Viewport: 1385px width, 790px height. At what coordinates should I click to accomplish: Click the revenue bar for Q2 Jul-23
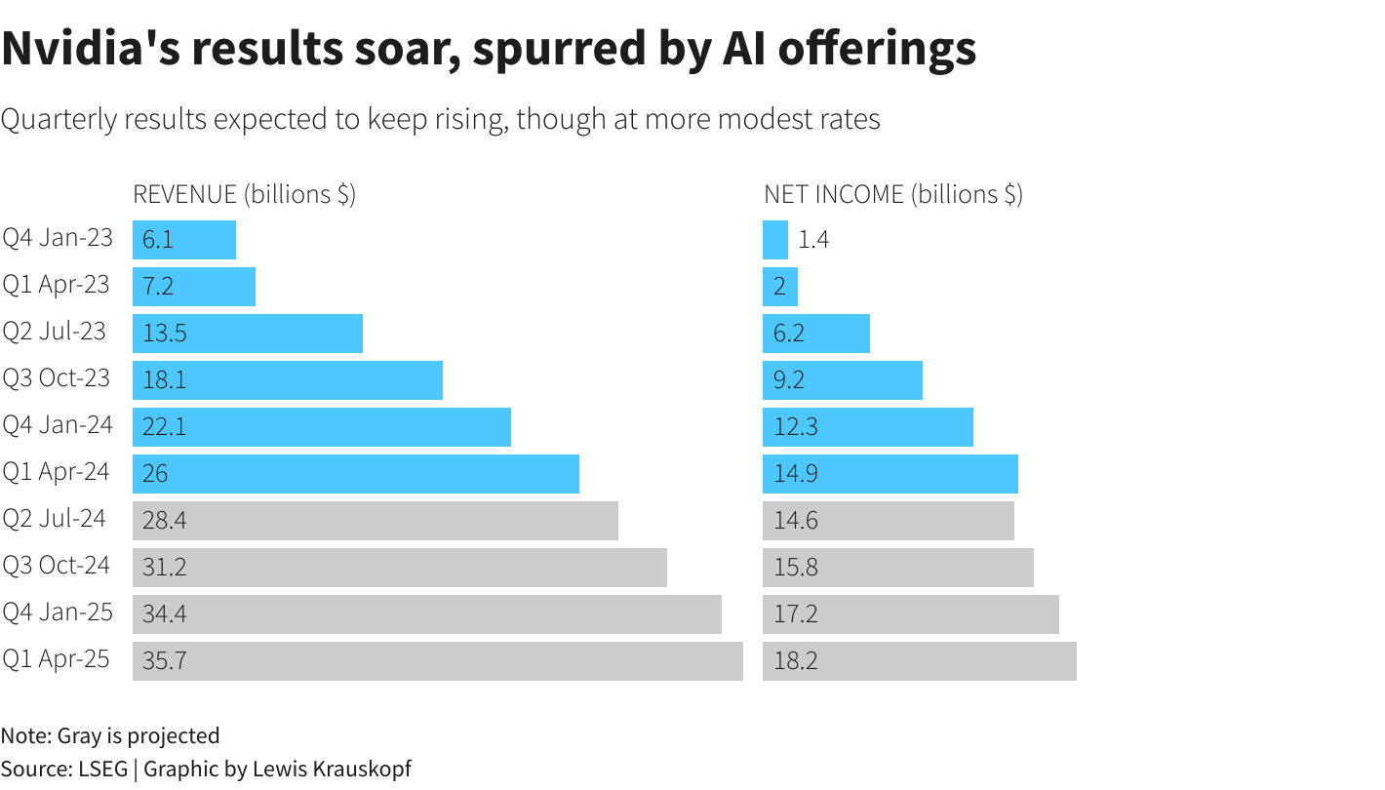click(x=248, y=334)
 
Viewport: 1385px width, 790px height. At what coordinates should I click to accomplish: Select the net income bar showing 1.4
click(x=775, y=240)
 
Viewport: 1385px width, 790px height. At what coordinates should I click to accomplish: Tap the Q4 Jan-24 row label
click(x=58, y=425)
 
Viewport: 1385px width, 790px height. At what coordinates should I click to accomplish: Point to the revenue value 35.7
click(x=164, y=661)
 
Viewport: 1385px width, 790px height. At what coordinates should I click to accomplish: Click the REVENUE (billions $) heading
click(x=244, y=194)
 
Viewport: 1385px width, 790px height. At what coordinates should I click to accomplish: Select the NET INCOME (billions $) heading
click(x=892, y=194)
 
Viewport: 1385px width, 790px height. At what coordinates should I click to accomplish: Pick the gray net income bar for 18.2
click(x=919, y=661)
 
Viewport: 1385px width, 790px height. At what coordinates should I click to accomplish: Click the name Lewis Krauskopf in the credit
click(x=332, y=769)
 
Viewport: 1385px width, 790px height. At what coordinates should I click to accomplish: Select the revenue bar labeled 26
click(x=355, y=474)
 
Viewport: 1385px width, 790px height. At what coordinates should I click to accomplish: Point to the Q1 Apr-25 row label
click(x=56, y=659)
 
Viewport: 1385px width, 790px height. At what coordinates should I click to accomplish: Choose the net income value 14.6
click(x=796, y=521)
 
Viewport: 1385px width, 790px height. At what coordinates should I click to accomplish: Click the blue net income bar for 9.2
click(x=842, y=380)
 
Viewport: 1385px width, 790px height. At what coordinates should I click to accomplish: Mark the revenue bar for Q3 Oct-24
click(x=399, y=568)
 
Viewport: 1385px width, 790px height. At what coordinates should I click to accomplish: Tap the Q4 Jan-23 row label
click(x=58, y=238)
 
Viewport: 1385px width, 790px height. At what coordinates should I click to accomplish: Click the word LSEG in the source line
click(x=101, y=769)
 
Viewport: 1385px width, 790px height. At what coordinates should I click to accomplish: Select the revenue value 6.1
click(x=158, y=240)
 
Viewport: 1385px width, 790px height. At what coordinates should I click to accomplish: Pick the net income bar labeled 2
click(x=780, y=287)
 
